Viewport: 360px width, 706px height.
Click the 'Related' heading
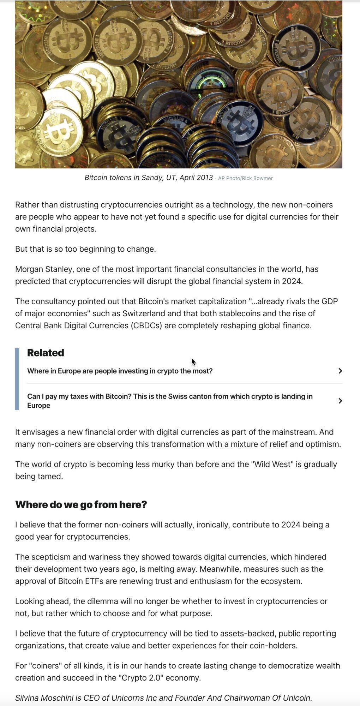[46, 353]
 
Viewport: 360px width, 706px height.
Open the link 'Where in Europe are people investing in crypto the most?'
[120, 371]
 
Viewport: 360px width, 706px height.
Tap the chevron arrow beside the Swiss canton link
[340, 401]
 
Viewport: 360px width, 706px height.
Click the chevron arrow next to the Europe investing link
[340, 371]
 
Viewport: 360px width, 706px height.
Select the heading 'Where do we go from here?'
[81, 504]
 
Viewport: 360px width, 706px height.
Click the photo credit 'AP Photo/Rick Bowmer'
[245, 178]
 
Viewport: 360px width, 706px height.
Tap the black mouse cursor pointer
[193, 362]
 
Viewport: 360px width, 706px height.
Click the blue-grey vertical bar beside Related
[17, 378]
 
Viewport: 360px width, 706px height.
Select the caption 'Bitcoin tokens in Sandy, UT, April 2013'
[149, 178]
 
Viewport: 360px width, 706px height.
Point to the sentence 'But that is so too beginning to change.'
[85, 249]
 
